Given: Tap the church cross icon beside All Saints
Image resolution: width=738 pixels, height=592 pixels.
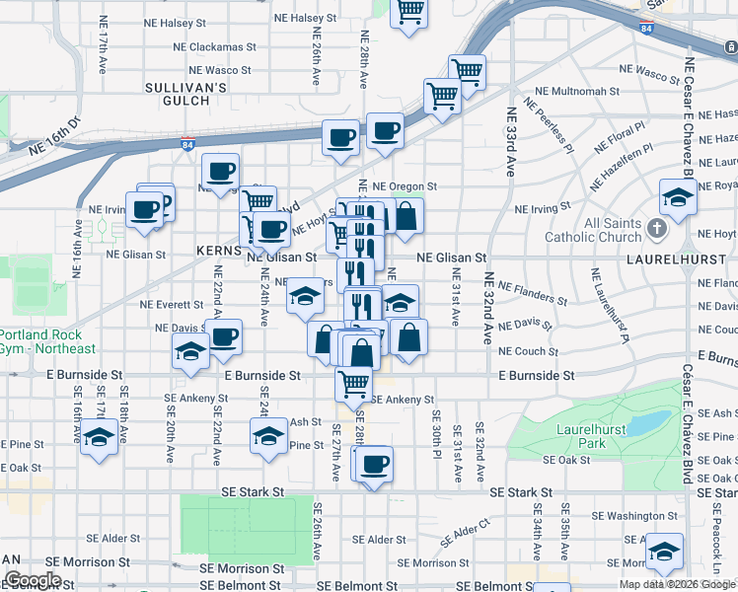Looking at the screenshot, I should click(x=659, y=231).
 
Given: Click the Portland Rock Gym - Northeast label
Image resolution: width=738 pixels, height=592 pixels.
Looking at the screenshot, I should click(x=47, y=341).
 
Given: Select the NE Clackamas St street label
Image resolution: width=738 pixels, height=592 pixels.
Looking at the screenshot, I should click(x=214, y=46).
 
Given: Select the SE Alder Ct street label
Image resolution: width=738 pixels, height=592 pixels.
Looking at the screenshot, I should click(x=466, y=534).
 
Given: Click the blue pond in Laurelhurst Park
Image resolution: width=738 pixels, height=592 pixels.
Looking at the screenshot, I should click(x=647, y=422).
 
